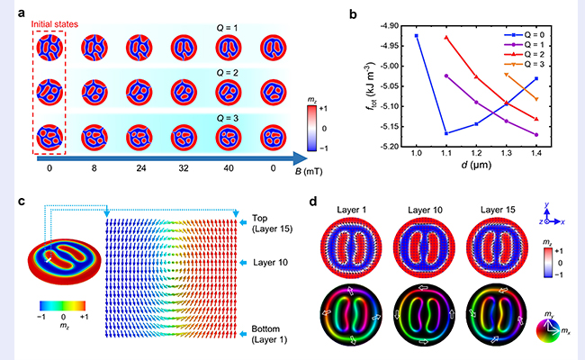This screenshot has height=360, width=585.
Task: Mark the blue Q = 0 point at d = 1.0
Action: [416, 36]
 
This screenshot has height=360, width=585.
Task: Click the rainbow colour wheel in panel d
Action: [550, 324]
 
